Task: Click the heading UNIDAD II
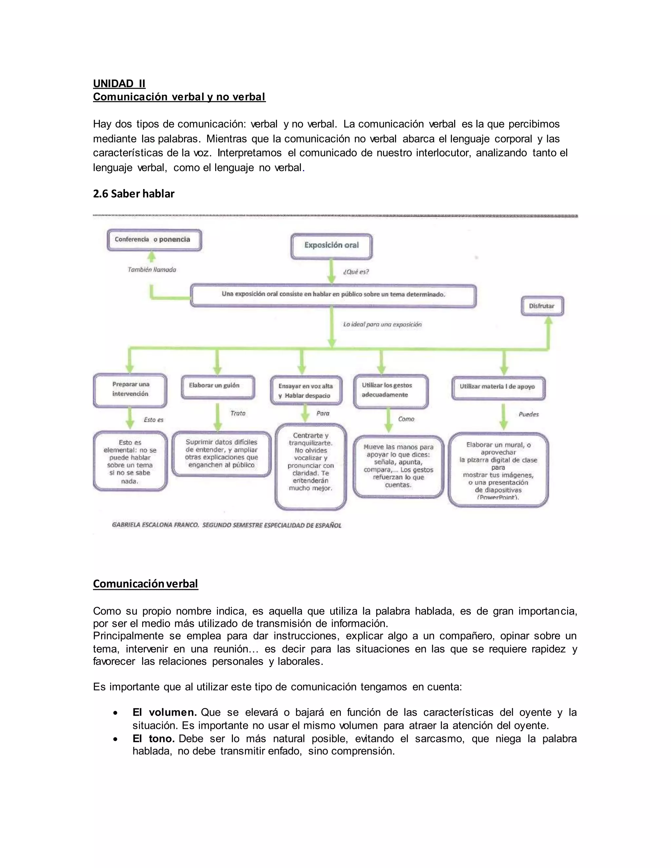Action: [119, 84]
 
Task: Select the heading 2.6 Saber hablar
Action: [134, 194]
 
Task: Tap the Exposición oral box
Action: [331, 246]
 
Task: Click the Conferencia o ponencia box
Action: [154, 240]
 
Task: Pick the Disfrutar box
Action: [542, 306]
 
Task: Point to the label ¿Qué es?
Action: [356, 272]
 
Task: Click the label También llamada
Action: [152, 270]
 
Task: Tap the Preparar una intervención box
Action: [130, 389]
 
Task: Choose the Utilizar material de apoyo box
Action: [498, 387]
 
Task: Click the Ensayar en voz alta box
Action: [305, 391]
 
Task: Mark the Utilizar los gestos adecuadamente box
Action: [390, 391]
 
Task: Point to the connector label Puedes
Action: [528, 415]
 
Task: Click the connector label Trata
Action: [238, 413]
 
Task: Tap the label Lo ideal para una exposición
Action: [382, 324]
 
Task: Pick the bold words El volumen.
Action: [164, 713]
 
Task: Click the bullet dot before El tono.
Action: [115, 739]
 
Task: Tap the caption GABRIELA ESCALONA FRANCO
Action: [155, 525]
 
